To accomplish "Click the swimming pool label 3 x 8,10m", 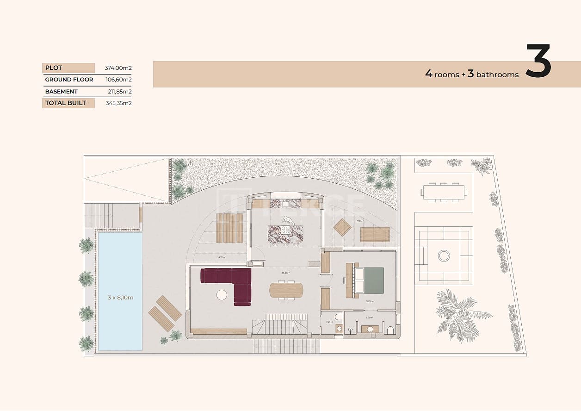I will click(120, 298).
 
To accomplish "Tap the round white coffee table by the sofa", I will click(222, 295).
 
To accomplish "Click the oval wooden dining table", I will click(287, 290).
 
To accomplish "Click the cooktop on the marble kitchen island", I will click(285, 230).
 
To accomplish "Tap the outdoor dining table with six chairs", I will click(444, 192).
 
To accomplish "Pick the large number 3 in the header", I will click(538, 62).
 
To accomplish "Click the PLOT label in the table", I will click(54, 68).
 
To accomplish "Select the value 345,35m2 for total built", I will click(118, 103).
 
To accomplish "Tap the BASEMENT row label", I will click(61, 92).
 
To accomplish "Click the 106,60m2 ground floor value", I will click(118, 80).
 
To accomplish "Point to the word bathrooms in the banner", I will click(497, 75).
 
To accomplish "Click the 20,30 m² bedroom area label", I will click(370, 301).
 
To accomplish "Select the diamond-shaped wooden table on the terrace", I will click(342, 227).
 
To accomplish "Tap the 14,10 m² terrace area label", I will click(221, 257).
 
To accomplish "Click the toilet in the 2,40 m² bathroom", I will click(339, 318).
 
